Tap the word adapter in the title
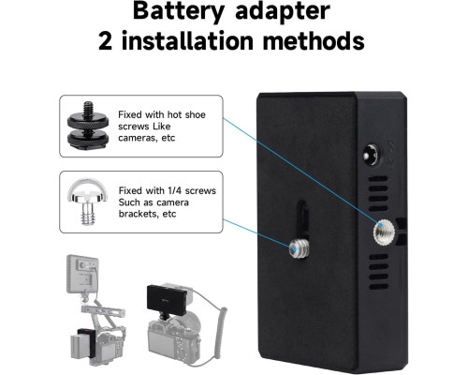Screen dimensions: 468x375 click(283, 12)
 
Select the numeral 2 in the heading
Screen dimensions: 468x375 click(105, 41)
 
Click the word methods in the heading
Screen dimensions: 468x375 click(314, 40)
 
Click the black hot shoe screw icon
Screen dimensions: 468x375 click(88, 127)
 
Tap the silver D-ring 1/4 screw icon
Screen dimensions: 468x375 click(88, 202)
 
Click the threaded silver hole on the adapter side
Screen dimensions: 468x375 click(384, 232)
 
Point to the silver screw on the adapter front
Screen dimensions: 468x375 click(299, 249)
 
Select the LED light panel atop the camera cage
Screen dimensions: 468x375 click(82, 274)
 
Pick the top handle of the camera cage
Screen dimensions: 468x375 click(103, 311)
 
